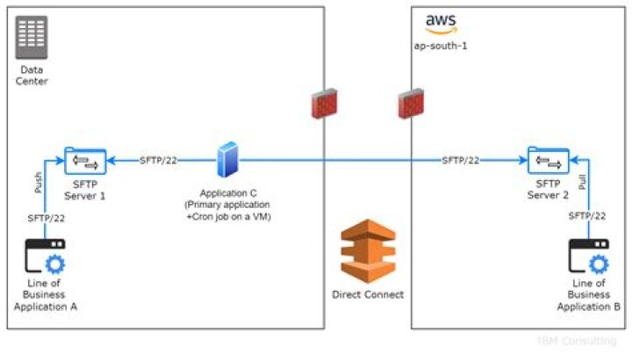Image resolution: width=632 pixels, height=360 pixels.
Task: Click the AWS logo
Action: (442, 24)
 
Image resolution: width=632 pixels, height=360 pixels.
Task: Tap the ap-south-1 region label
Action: (441, 45)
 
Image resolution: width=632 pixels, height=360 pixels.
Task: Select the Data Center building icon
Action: (32, 37)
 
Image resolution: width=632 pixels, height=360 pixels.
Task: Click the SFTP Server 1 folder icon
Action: (85, 162)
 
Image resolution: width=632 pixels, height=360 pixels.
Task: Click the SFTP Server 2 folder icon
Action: (548, 162)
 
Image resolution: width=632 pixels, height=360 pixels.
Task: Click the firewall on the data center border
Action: (326, 104)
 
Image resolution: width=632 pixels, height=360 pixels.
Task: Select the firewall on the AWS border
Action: (412, 104)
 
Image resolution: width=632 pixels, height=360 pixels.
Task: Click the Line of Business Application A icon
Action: (45, 257)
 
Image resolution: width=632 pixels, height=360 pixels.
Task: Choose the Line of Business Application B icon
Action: (588, 257)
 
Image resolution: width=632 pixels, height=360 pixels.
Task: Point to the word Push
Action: (37, 183)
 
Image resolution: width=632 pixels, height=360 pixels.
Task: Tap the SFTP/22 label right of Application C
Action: (461, 161)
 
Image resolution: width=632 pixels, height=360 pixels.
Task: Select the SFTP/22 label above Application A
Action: (46, 217)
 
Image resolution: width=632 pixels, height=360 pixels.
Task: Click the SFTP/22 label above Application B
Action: (587, 215)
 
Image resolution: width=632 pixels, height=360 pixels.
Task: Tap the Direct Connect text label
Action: (368, 295)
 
